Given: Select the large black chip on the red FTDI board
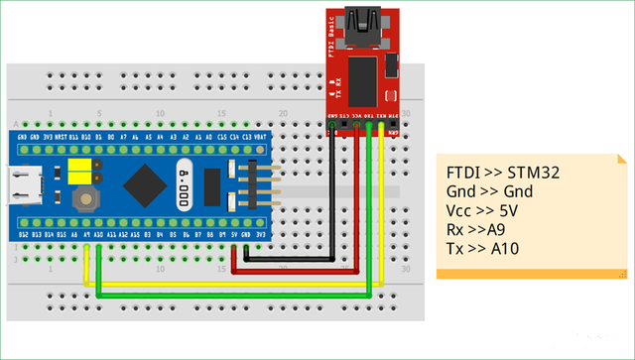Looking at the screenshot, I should [364, 79].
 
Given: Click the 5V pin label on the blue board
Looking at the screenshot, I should [234, 235].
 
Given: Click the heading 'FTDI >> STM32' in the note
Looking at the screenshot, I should [503, 173].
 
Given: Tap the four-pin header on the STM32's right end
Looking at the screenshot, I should [248, 184].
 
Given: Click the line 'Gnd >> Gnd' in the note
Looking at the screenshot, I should [496, 191].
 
